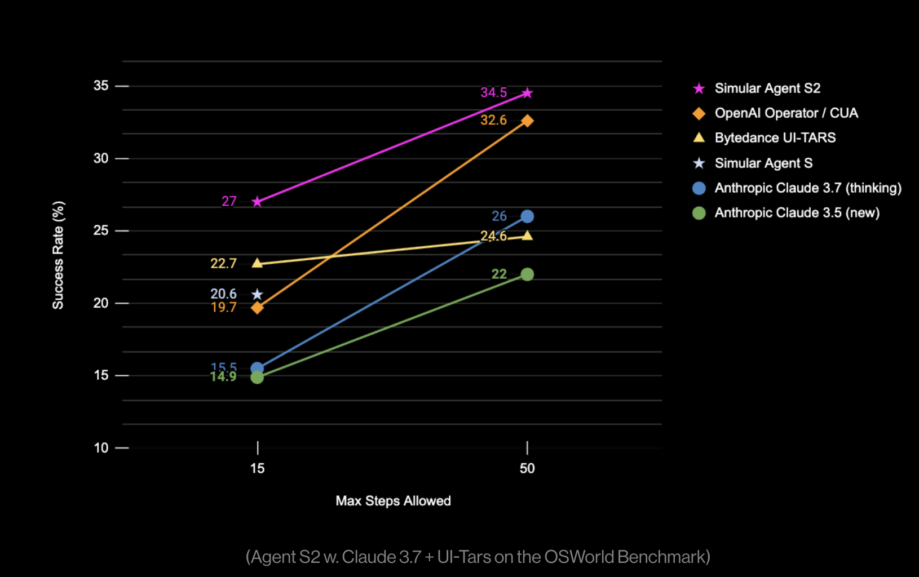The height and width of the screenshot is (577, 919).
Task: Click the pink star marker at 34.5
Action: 527,93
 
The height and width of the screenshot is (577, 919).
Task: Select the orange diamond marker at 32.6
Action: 527,121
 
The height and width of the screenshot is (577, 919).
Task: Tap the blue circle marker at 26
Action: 527,216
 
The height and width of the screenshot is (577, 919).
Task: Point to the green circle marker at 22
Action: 527,274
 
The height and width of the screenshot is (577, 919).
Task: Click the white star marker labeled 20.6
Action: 257,294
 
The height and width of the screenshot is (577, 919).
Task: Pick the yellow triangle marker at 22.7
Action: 257,263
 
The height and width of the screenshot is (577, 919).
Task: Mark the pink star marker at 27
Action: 257,202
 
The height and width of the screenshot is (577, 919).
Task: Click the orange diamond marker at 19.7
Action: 257,308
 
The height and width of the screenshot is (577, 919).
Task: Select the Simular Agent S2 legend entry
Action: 767,88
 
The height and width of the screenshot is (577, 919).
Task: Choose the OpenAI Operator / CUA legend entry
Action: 786,113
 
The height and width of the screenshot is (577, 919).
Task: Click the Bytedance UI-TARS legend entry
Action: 775,138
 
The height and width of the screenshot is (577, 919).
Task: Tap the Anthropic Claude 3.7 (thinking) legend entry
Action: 807,188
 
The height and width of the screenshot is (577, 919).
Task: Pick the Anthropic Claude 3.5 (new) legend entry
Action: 797,213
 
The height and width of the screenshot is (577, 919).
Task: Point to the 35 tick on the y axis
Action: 101,86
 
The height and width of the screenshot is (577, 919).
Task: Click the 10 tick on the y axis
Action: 101,448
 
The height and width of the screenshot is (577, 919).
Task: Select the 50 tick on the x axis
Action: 527,468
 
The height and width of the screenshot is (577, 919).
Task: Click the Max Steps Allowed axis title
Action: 393,501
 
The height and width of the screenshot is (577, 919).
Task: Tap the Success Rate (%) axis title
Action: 58,255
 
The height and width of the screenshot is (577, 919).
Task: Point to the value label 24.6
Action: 493,236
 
